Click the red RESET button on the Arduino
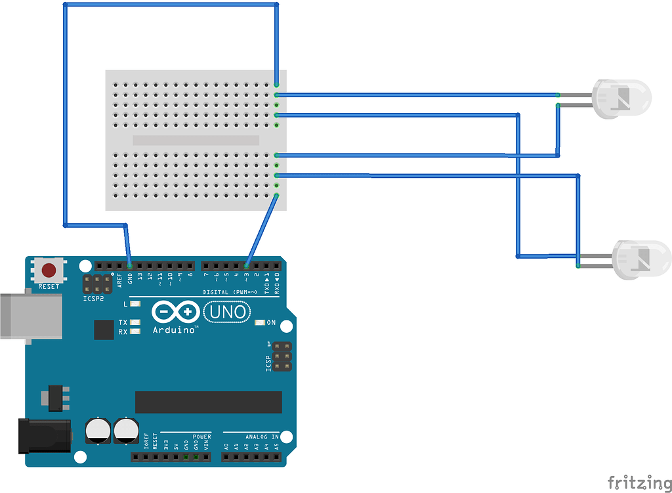coord(49,270)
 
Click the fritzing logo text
coord(635,482)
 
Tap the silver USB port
coord(30,316)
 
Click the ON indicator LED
coord(260,322)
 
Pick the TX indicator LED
coord(136,322)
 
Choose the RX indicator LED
coord(136,332)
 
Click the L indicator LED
coord(136,304)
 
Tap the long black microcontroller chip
coord(208,402)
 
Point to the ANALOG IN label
coord(262,437)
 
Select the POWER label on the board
coord(201,437)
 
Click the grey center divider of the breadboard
coord(196,140)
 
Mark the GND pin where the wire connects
coord(129,266)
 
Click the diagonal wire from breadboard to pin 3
coord(262,230)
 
